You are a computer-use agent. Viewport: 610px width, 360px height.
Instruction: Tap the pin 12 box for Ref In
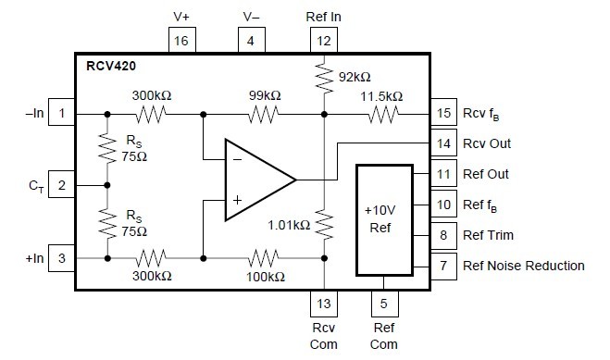pos(323,41)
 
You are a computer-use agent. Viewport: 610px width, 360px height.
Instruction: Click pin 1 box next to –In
pos(61,114)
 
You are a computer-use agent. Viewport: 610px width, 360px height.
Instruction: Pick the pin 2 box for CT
pos(61,185)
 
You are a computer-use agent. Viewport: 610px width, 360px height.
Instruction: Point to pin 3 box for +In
pos(61,257)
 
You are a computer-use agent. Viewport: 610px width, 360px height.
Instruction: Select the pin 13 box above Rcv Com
pos(323,302)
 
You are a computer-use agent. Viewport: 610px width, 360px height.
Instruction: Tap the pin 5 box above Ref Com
pos(383,302)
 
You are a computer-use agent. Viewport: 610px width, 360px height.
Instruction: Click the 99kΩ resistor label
pos(265,96)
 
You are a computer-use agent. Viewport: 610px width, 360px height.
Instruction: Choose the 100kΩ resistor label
pos(265,276)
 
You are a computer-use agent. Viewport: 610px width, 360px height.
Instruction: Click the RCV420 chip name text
pos(110,68)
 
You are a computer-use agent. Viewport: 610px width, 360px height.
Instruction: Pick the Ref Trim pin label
pos(489,235)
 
